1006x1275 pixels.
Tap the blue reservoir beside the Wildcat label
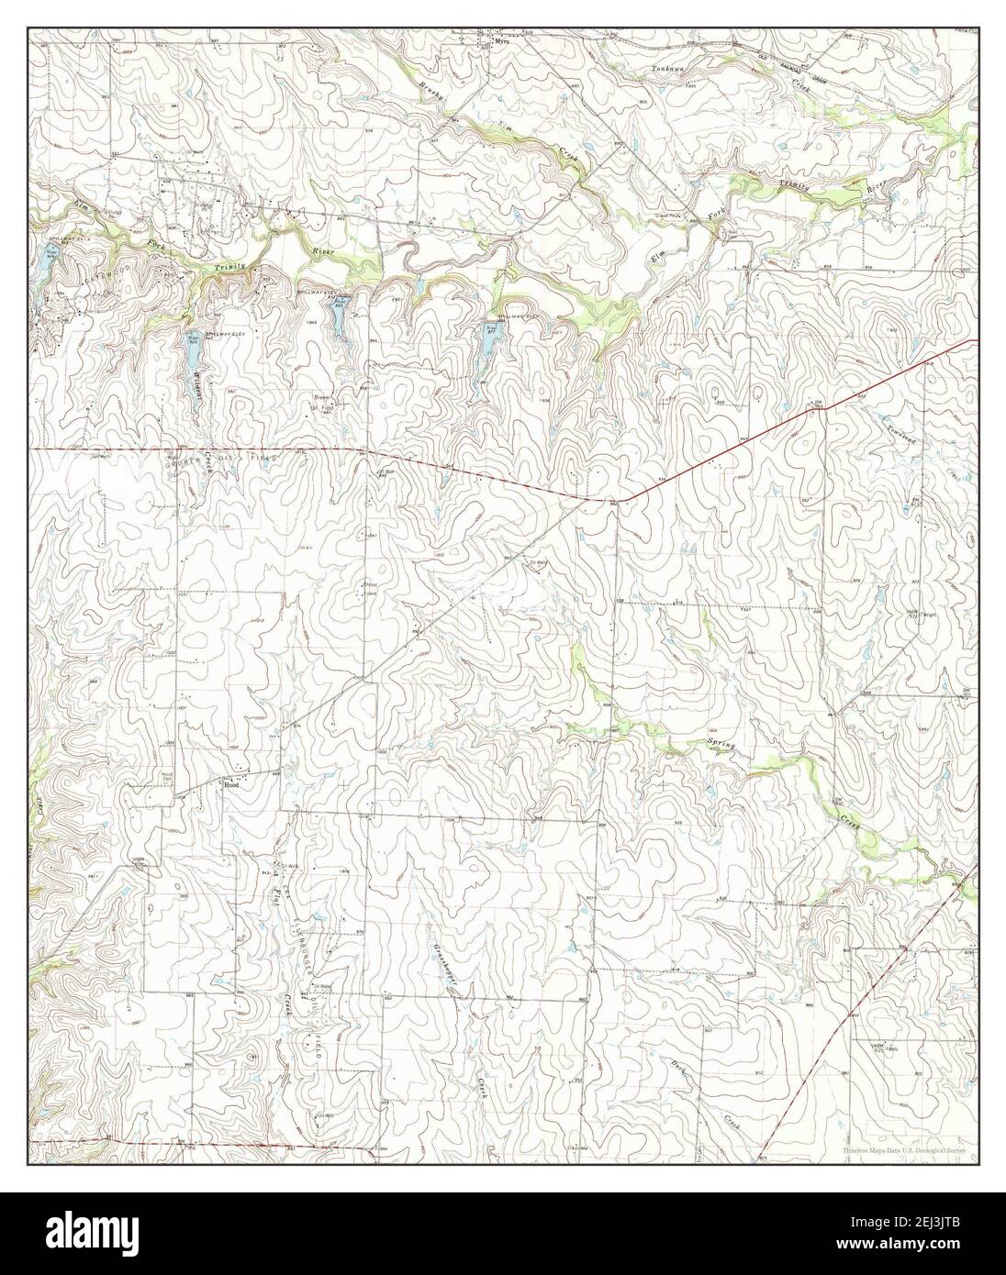(x=193, y=355)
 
